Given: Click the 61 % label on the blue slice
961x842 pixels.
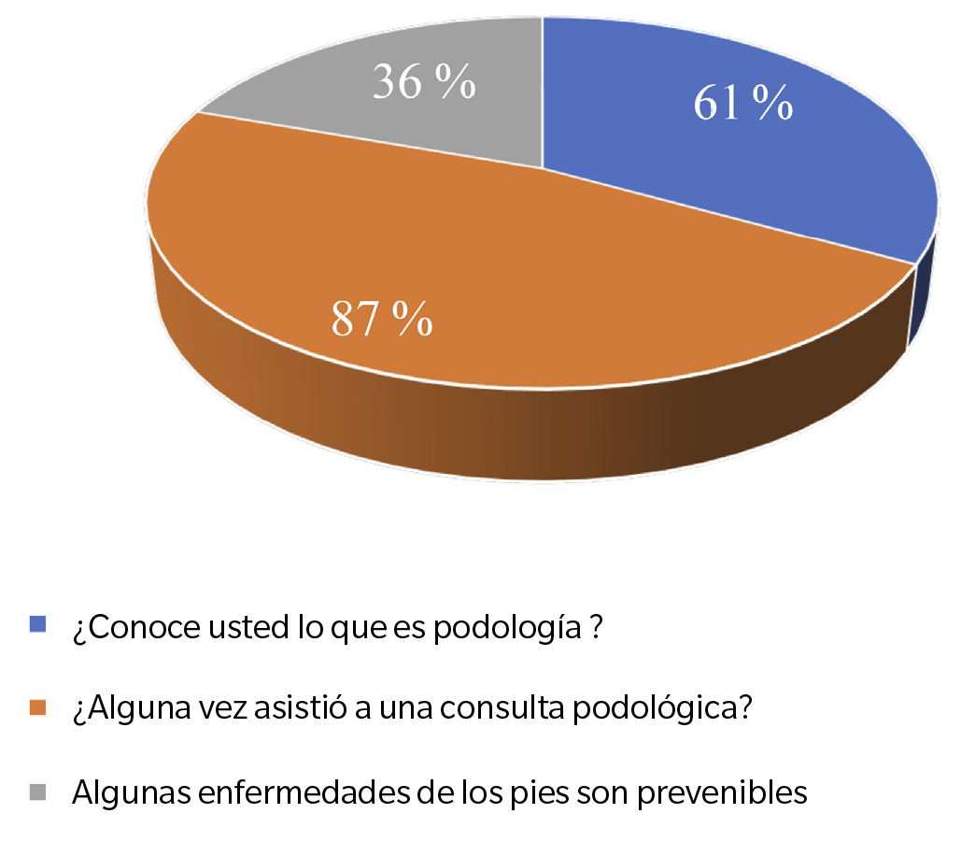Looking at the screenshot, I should click(x=743, y=104).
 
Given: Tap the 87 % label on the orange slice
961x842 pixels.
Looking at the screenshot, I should click(x=382, y=320).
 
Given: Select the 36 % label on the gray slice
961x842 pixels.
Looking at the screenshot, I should click(x=425, y=82).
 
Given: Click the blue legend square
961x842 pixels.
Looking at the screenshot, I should click(x=38, y=623).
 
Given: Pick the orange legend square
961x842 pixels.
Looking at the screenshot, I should click(x=38, y=707).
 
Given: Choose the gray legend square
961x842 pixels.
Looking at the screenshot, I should click(x=38, y=792).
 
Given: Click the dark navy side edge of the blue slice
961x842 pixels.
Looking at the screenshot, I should click(x=922, y=299).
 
